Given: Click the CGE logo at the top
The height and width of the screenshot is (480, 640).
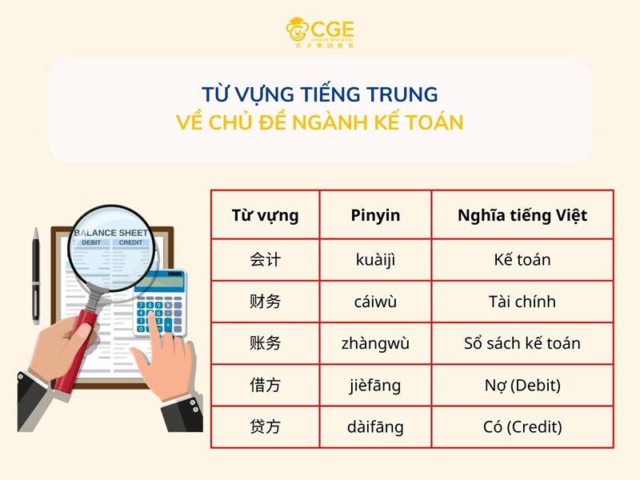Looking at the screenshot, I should [x=319, y=32].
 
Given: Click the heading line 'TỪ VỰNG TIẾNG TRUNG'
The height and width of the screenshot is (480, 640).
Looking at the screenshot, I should [x=319, y=94].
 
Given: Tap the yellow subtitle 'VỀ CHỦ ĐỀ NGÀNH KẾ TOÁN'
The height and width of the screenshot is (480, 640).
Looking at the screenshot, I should [x=319, y=123].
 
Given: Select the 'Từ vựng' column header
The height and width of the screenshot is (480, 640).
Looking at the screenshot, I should [x=265, y=215].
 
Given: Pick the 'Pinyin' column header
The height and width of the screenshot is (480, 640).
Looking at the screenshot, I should [x=375, y=215].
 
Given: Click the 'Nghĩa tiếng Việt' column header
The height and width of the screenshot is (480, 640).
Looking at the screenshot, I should [x=522, y=215].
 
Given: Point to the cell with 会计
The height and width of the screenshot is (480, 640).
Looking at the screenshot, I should [x=265, y=260].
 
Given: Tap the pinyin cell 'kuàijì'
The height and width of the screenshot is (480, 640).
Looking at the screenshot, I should [x=375, y=260].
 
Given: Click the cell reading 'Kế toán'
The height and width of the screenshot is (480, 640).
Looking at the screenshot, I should [x=522, y=260].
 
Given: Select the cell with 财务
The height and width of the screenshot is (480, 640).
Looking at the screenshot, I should [x=265, y=302].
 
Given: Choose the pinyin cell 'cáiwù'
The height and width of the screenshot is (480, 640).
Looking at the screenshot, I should [x=375, y=302].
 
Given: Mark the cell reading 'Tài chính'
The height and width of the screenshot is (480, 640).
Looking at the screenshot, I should [x=522, y=302].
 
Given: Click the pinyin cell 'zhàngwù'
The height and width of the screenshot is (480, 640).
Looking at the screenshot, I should [x=375, y=343].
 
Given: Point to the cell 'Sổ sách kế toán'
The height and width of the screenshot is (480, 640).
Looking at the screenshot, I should [x=522, y=343].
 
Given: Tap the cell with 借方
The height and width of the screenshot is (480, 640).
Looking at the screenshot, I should [x=265, y=386].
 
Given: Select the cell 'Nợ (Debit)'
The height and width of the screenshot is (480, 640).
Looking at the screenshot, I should [x=522, y=386].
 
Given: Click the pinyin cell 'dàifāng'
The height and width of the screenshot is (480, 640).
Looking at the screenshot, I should [x=375, y=427].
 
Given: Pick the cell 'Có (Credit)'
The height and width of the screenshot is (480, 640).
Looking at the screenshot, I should [x=522, y=427].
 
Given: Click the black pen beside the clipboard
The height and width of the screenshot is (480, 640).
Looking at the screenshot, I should [x=36, y=276].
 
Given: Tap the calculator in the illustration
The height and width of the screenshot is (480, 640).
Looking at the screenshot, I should [x=161, y=304].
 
